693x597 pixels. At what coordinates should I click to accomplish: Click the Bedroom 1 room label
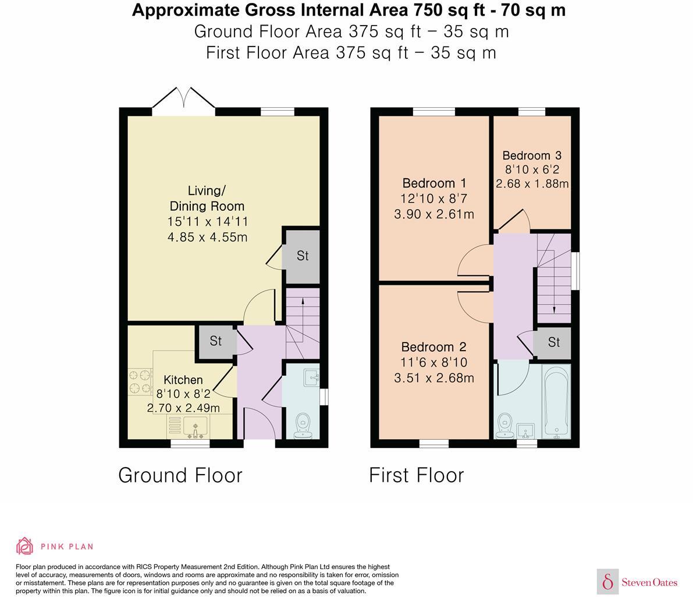[435, 183]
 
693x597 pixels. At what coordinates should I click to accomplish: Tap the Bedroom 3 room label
[532, 156]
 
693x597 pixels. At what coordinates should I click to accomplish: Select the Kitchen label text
[183, 380]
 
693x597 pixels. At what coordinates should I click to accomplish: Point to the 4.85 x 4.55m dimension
[207, 237]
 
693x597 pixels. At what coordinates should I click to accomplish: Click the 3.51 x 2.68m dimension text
[434, 378]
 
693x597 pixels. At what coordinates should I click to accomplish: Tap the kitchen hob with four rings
[140, 382]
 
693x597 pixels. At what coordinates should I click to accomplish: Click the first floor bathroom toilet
[504, 425]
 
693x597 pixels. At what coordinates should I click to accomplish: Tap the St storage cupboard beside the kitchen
[215, 341]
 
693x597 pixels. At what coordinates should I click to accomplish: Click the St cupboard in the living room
[303, 256]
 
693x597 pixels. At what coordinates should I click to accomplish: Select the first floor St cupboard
[553, 342]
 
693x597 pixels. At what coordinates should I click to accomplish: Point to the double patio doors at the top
[184, 100]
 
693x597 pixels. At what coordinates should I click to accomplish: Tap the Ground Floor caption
[180, 475]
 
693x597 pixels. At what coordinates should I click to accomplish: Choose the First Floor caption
[417, 475]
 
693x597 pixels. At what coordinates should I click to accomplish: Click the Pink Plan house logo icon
[25, 546]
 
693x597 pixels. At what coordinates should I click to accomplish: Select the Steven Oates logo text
[649, 582]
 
